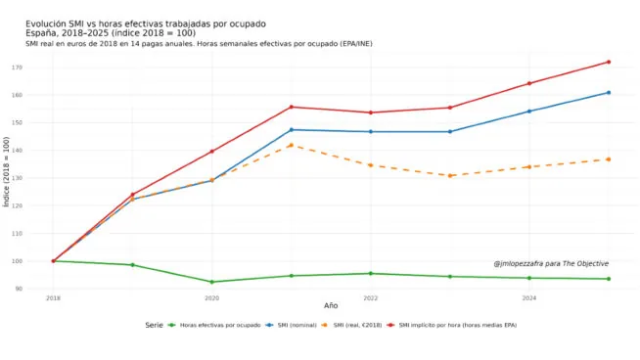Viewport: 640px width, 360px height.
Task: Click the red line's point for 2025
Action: point(608,62)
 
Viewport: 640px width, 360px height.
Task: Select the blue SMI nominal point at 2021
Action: point(291,130)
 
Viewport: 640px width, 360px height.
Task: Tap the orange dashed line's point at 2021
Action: point(291,145)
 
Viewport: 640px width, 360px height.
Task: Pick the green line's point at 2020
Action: point(211,282)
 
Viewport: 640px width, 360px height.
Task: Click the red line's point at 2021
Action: point(291,107)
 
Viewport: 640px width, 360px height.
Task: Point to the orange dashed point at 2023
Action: point(449,175)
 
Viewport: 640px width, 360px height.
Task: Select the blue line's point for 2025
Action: point(608,93)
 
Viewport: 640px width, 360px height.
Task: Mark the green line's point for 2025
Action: point(608,279)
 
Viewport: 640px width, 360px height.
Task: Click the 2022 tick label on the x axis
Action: point(370,297)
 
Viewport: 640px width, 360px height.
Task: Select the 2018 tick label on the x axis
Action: point(53,297)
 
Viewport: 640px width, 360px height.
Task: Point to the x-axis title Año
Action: point(331,306)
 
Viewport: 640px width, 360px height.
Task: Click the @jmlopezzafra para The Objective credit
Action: point(550,263)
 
